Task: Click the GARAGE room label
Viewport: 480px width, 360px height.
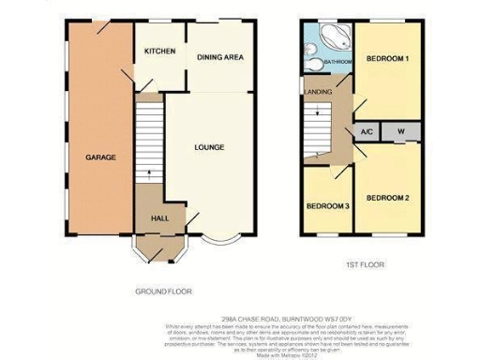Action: [100, 157]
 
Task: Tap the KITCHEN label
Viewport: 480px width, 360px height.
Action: [159, 52]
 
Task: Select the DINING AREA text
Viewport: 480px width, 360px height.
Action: [220, 57]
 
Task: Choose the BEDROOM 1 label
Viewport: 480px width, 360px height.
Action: [388, 58]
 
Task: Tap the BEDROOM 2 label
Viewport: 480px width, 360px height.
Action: [388, 198]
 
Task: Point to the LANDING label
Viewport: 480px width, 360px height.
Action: [314, 91]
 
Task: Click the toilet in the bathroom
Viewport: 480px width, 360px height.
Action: [310, 64]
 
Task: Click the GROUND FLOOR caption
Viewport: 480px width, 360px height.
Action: [164, 292]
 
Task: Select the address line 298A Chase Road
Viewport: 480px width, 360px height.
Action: [240, 318]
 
